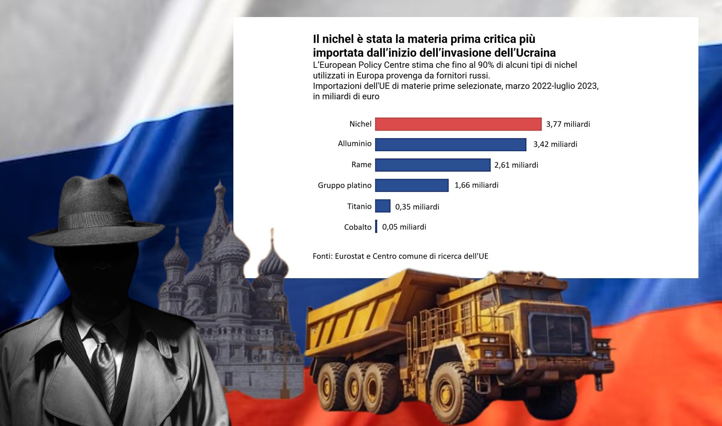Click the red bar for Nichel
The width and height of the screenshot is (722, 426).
[x=458, y=124]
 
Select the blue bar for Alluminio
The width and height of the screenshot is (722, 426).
[x=450, y=145]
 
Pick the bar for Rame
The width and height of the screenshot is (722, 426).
[x=433, y=165]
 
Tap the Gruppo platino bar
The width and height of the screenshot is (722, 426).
[x=411, y=185]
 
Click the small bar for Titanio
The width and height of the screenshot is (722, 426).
[x=383, y=206]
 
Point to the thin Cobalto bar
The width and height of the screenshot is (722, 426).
[x=376, y=227]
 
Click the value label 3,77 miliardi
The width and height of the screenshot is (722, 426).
[x=568, y=124]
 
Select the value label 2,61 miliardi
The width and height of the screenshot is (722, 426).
[x=516, y=165]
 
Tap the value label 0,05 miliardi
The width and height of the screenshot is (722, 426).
[x=404, y=227]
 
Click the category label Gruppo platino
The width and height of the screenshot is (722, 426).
[x=344, y=186]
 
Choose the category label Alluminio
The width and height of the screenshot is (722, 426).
[x=354, y=144]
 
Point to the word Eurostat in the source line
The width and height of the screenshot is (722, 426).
[x=351, y=256]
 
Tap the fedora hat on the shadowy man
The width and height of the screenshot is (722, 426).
[x=97, y=211]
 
